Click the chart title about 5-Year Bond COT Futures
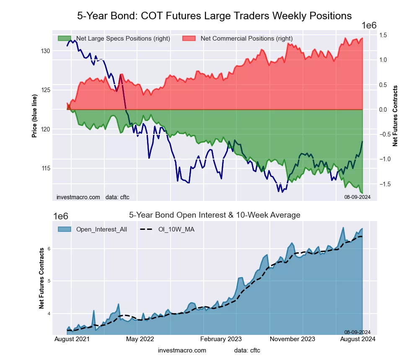click(214, 16)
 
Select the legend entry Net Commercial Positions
click(246, 39)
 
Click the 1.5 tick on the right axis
click(383, 35)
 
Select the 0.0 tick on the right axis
click(383, 110)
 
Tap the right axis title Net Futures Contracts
click(395, 116)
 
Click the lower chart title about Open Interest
click(214, 215)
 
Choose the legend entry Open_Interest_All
click(101, 229)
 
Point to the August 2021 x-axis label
click(71, 339)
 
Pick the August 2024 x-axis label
click(359, 339)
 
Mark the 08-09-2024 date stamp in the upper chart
click(357, 197)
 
